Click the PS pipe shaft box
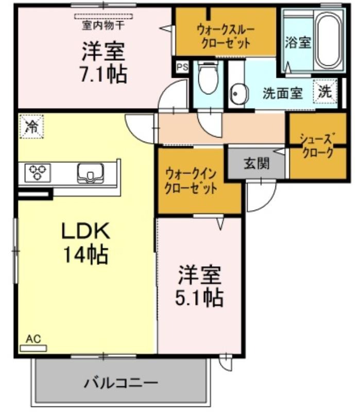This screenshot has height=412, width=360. tap(182, 67)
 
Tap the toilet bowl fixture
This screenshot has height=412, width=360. tap(208, 78)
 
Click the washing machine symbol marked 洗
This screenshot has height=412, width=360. tap(325, 91)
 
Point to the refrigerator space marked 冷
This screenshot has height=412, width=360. tap(31, 126)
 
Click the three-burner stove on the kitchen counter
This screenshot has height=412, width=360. tap(38, 173)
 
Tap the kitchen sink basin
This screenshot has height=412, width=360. tap(90, 173)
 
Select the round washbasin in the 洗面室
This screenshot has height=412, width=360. tap(239, 94)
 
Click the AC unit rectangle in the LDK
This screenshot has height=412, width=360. tap(33, 348)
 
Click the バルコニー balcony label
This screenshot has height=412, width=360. tap(121, 383)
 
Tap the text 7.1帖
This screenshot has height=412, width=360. tap(104, 74)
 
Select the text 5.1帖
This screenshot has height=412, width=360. tap(199, 298)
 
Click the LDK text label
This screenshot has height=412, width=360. tap(85, 231)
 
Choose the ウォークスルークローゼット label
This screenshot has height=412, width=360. tap(226, 36)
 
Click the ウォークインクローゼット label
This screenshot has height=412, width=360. tap(191, 181)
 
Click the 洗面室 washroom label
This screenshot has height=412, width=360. tap(282, 93)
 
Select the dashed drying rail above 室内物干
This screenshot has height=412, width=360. tap(104, 16)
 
